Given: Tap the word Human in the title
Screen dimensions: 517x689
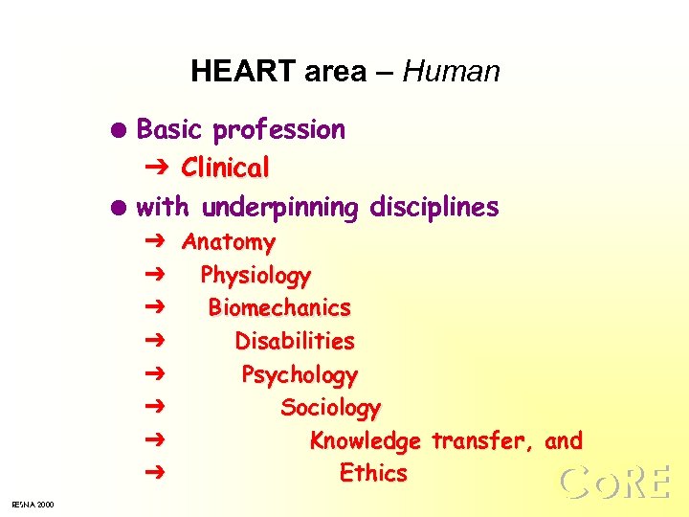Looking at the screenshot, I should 452,72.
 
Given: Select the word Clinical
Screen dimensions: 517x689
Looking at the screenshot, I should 226,168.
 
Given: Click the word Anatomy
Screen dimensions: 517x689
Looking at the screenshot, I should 229,242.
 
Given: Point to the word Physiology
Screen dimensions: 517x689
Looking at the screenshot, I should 256,276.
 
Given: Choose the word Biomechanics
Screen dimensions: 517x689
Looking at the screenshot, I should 279,308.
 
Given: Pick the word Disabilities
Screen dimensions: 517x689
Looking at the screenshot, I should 295,341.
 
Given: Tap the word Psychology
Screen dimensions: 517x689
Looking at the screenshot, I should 300,374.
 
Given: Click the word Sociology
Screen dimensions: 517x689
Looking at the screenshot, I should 330,408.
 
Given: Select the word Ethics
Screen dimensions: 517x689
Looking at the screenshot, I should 373,473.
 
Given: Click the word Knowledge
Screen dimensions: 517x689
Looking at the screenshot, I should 365,441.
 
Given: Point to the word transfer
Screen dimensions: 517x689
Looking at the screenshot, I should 482,440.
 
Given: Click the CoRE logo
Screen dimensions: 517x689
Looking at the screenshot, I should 614,482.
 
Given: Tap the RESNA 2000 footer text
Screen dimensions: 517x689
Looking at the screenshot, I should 33,504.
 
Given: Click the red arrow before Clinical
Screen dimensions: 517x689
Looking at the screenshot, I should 159,168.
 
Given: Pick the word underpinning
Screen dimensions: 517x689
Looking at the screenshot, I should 279,208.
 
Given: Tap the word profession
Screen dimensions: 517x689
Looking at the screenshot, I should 279,130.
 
